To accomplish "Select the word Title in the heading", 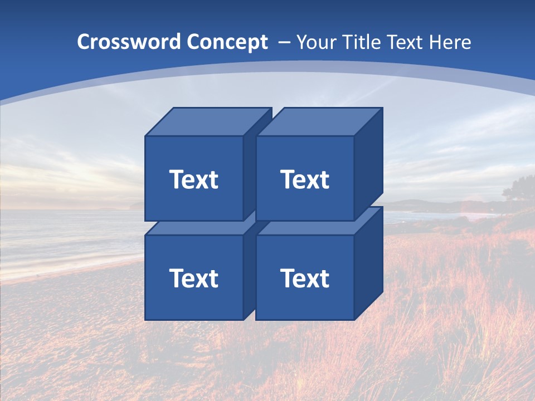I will (361, 42).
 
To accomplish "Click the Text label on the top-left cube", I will (193, 179).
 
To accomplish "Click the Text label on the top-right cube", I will (305, 179).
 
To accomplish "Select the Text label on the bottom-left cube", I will (193, 278).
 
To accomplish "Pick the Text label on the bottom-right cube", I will (305, 278).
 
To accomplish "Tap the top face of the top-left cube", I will (208, 122).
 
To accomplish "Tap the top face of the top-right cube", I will (319, 122).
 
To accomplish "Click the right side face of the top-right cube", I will (368, 164).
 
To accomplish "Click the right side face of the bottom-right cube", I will (368, 263).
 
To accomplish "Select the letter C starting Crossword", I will (84, 42).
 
